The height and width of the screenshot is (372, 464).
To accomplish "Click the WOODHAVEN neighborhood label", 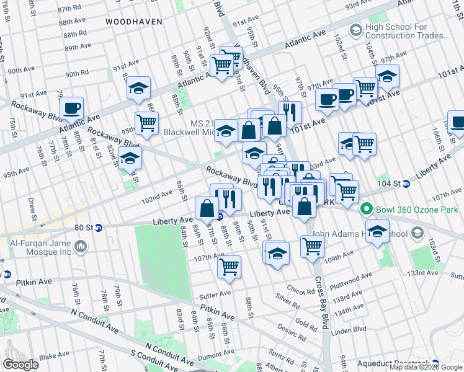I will [133, 21].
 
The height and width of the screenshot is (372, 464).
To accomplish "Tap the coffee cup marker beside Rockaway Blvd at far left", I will [72, 107].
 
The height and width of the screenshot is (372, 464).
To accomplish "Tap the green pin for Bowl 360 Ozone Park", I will [366, 210].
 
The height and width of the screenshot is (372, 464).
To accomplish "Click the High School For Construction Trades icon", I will [355, 30].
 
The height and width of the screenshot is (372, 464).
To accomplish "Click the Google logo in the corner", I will [20, 365].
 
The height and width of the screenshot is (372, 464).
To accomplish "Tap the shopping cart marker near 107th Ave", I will [229, 267].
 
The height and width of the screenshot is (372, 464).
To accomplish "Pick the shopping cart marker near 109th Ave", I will [312, 246].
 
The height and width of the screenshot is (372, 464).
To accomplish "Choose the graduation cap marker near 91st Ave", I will [139, 89].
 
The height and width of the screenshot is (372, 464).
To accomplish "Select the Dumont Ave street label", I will [215, 355].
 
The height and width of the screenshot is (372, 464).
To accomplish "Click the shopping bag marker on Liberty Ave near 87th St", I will [207, 208].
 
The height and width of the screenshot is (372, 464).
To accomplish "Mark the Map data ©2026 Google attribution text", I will [426, 367].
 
